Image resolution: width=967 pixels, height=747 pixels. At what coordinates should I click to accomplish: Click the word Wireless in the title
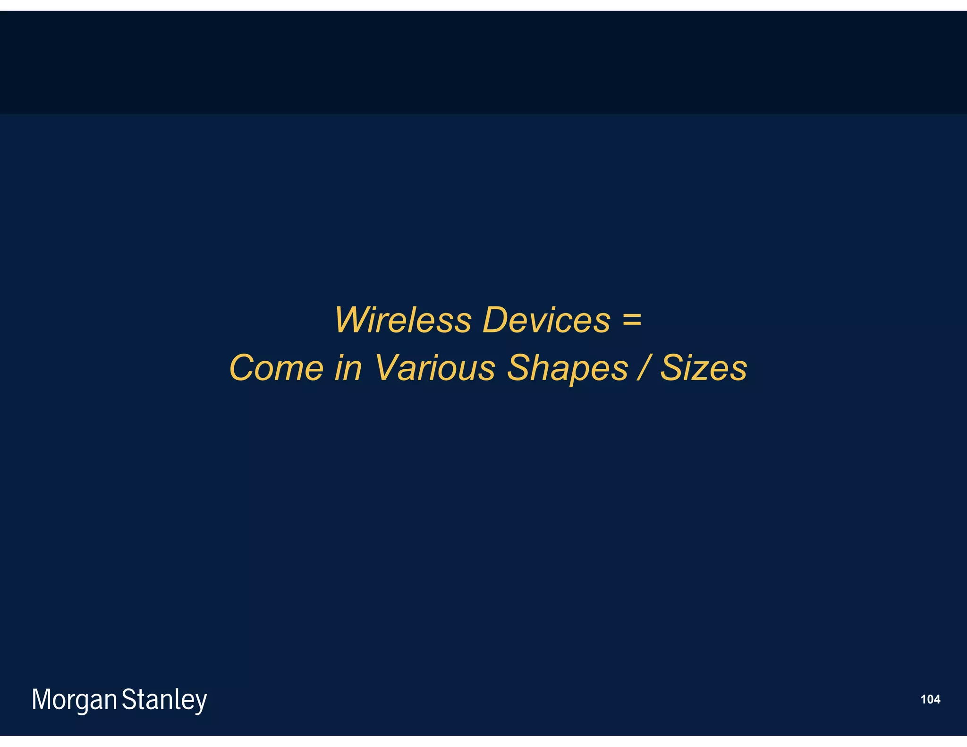[x=403, y=320]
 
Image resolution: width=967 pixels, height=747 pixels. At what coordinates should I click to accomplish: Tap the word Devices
[x=546, y=320]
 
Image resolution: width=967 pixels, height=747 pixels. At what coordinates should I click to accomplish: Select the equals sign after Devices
[x=632, y=319]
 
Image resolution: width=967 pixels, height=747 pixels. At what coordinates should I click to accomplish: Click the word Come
[x=277, y=368]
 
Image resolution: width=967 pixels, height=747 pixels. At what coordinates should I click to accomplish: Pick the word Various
[x=435, y=368]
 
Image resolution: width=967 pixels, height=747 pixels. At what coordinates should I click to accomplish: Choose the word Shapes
[x=567, y=369]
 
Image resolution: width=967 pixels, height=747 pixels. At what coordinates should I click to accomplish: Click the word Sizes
[x=703, y=368]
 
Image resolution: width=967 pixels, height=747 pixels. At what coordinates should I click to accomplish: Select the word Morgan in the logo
[x=74, y=700]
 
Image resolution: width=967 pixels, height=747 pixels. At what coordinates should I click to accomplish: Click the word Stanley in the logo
[x=164, y=700]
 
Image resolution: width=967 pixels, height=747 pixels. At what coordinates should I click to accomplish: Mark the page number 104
[x=930, y=699]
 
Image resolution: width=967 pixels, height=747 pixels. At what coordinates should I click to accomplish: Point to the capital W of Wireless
[x=353, y=320]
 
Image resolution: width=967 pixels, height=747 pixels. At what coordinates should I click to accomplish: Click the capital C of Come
[x=244, y=368]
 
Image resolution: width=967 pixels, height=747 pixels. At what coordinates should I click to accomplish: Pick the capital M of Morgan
[x=42, y=699]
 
